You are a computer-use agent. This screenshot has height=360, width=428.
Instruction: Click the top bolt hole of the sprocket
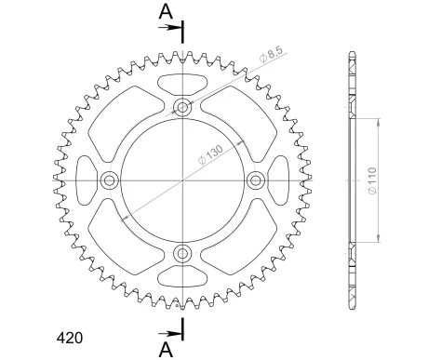[x=182, y=107]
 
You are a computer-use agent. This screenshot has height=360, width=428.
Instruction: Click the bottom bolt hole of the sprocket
[x=182, y=252]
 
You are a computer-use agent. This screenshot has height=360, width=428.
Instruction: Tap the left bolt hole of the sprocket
[x=110, y=180]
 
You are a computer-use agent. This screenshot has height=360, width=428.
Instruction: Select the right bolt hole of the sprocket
[x=255, y=180]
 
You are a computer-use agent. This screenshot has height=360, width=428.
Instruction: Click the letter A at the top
[x=166, y=11]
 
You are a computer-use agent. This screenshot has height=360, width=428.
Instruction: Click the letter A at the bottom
[x=166, y=349]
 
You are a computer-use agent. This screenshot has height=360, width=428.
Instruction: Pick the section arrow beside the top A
[x=174, y=28]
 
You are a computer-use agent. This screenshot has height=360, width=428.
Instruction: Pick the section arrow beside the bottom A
[x=174, y=330]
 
